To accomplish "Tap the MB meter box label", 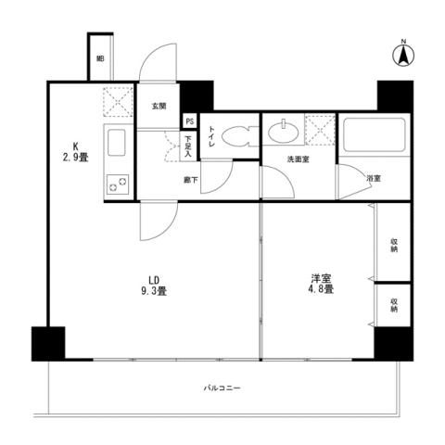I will coord(100,60).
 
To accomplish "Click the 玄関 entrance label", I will coord(159,106).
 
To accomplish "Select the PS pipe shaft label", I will coord(189,121).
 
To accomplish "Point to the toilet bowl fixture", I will coord(235,135).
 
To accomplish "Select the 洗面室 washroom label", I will coord(297,159).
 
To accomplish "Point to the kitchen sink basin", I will coord(119,144).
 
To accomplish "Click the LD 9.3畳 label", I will coord(152,285).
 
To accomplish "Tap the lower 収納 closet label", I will coord(394,305).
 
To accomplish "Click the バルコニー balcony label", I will coord(222,388).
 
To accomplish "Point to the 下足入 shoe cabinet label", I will coord(188,146).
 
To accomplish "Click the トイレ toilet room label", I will coord(211,136).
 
